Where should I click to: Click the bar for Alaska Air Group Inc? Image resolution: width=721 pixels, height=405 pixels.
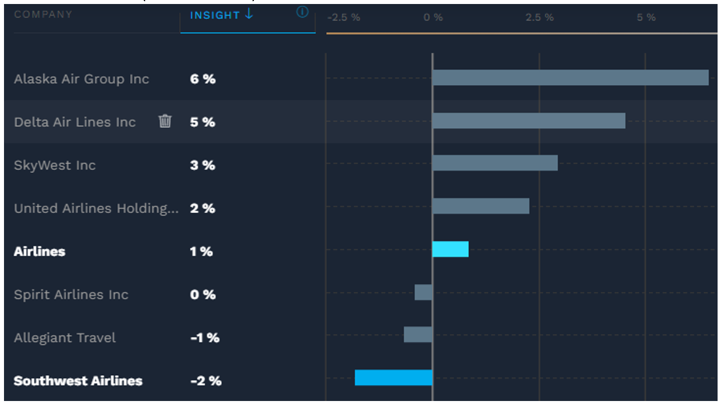point(570,78)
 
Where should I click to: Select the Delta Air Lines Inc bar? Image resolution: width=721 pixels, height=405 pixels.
point(528,121)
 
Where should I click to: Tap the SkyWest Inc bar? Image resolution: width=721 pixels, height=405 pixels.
point(495,163)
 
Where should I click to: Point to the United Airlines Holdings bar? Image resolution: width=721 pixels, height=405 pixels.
point(480,206)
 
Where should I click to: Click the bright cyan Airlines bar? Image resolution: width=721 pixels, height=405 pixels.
point(450,249)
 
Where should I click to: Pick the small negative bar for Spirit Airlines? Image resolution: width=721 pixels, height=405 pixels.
point(423,292)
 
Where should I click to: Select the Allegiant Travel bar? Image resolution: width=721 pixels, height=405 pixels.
point(418,335)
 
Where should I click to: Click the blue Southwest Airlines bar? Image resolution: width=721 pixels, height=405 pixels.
point(393,378)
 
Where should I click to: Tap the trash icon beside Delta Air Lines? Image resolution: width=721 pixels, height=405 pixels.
point(165,121)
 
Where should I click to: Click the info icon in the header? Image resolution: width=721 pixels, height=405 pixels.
point(302,12)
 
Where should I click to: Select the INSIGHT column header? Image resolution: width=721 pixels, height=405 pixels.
point(215,15)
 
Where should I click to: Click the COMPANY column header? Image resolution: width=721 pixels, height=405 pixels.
point(43,14)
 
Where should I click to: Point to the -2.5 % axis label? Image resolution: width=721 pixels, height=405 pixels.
point(344,18)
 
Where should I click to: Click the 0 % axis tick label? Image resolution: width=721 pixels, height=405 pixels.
point(433,18)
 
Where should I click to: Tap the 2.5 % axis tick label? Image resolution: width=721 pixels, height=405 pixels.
point(539,18)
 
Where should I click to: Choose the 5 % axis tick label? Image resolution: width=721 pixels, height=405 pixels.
point(646,18)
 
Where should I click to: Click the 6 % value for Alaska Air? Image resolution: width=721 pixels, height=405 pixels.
point(202,79)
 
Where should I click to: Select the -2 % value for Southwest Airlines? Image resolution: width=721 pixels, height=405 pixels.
point(205,381)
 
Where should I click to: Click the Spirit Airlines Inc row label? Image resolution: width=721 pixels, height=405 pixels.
point(71,295)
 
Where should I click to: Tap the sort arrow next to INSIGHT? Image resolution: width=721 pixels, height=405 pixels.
point(249,15)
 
